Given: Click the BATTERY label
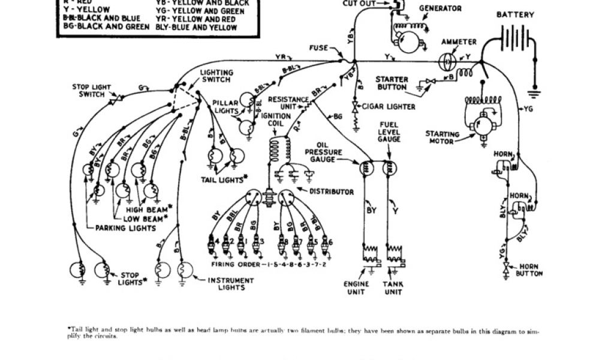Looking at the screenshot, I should pyautogui.click(x=515, y=14).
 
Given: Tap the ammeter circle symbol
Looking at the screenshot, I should pyautogui.click(x=446, y=61).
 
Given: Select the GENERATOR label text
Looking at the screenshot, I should pyautogui.click(x=440, y=9).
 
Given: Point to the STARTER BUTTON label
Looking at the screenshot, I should pyautogui.click(x=392, y=83).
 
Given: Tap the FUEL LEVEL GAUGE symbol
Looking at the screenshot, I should pyautogui.click(x=390, y=169).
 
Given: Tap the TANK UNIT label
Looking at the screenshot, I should pyautogui.click(x=393, y=288).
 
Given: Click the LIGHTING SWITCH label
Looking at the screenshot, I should pyautogui.click(x=216, y=76).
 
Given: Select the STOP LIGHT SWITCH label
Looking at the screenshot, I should pyautogui.click(x=92, y=91).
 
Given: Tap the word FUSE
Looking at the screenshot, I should pyautogui.click(x=318, y=48).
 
